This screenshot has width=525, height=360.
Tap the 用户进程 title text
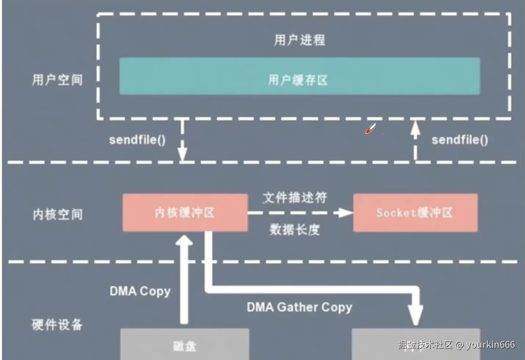pyautogui.click(x=299, y=40)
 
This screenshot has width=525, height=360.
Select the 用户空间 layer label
pyautogui.click(x=57, y=80)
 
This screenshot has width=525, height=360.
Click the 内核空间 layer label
pyautogui.click(x=58, y=214)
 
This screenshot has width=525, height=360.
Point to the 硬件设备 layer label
pyautogui.click(x=57, y=324)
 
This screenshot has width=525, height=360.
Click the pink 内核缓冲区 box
pyautogui.click(x=185, y=213)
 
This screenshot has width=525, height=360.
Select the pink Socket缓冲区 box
pyautogui.click(x=415, y=213)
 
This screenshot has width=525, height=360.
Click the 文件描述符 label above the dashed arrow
pyautogui.click(x=294, y=198)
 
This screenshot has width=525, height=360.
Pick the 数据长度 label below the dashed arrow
pyautogui.click(x=294, y=230)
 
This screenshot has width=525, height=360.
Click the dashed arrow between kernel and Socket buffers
pyautogui.click(x=299, y=213)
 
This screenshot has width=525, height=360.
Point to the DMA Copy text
pyautogui.click(x=140, y=291)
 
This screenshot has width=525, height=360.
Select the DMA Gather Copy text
pyautogui.click(x=299, y=307)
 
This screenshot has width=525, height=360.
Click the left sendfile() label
pyautogui.click(x=137, y=140)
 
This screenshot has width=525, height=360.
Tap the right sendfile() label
pyautogui.click(x=460, y=140)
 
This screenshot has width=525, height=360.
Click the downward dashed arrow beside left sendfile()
pyautogui.click(x=182, y=141)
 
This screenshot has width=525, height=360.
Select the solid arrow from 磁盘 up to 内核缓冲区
pyautogui.click(x=184, y=279)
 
